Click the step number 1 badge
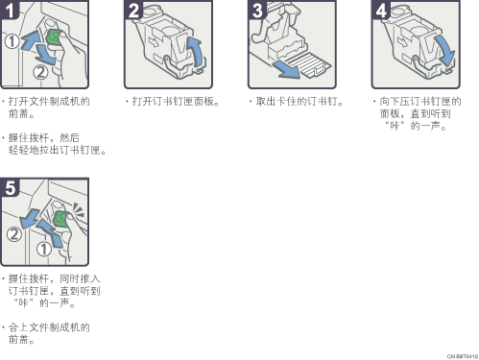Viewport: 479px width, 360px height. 9,10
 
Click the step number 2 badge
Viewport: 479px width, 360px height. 133,10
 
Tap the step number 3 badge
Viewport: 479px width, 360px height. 257,10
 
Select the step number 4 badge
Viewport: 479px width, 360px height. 381,10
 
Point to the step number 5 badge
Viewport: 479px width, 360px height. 10,187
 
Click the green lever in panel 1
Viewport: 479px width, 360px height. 54,37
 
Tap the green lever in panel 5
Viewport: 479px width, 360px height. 60,218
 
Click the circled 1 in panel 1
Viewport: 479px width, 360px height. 12,41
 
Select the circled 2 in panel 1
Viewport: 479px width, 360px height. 40,72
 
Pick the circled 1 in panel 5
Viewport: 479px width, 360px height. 43,249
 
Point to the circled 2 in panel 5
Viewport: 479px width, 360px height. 14,234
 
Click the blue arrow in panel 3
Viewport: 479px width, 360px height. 286,70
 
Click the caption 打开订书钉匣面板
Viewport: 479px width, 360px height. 173,102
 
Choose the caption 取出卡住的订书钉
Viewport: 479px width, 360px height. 297,102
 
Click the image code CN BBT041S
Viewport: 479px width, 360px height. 462,356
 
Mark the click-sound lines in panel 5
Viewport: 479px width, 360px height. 78,210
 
